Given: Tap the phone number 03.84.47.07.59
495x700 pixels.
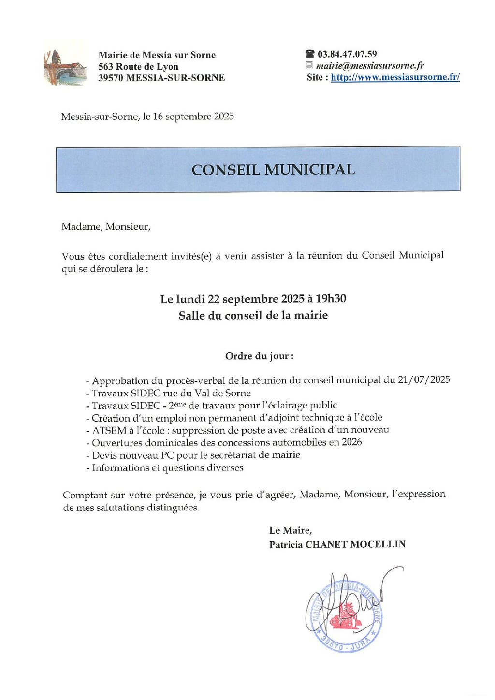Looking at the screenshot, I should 347,54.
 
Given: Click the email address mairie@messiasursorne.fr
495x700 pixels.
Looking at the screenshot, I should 370,66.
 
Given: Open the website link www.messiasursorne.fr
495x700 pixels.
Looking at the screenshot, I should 395,77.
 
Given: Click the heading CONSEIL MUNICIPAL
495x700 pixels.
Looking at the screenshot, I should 273,170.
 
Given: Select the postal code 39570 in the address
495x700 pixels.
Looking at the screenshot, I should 111,78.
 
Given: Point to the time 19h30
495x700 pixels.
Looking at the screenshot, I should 331,299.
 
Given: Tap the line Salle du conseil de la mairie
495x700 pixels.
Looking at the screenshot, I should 253,316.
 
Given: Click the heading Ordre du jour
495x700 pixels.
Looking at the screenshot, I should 259,356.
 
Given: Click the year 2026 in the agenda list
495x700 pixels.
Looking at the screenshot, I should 351,442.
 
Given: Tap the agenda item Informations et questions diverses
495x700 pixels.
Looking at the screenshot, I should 167,468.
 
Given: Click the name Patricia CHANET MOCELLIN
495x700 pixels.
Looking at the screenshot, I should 337,545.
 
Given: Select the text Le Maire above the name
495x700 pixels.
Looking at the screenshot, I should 290,531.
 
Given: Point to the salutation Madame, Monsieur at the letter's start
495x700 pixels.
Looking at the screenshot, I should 106,227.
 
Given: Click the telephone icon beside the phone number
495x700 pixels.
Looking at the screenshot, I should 310,54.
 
